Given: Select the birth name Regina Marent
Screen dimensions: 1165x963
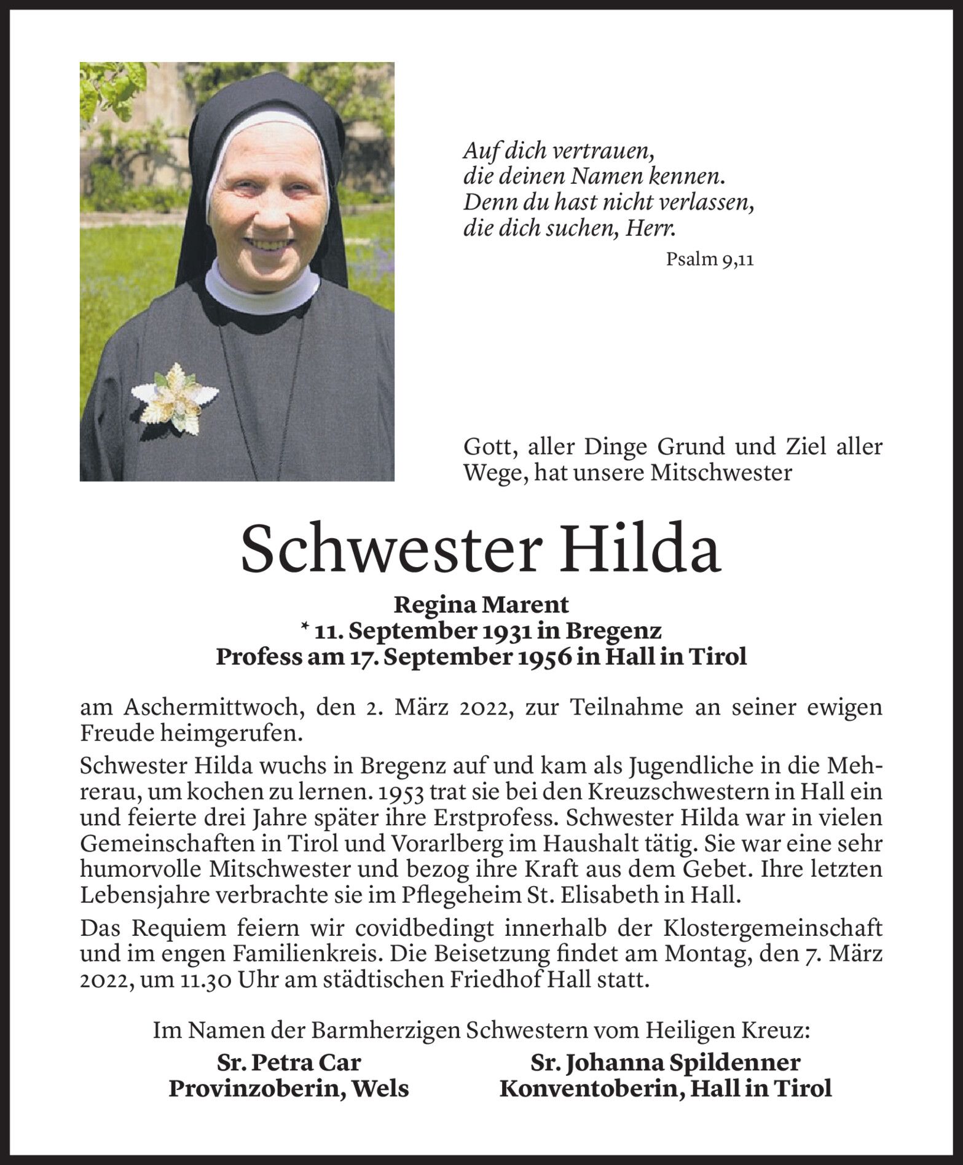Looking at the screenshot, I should [x=481, y=605].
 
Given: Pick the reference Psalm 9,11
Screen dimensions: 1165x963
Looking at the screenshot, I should [x=709, y=260].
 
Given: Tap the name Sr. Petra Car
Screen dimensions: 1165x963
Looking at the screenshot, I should [x=289, y=1062].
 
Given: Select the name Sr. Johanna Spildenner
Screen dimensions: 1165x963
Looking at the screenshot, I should [x=665, y=1062].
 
